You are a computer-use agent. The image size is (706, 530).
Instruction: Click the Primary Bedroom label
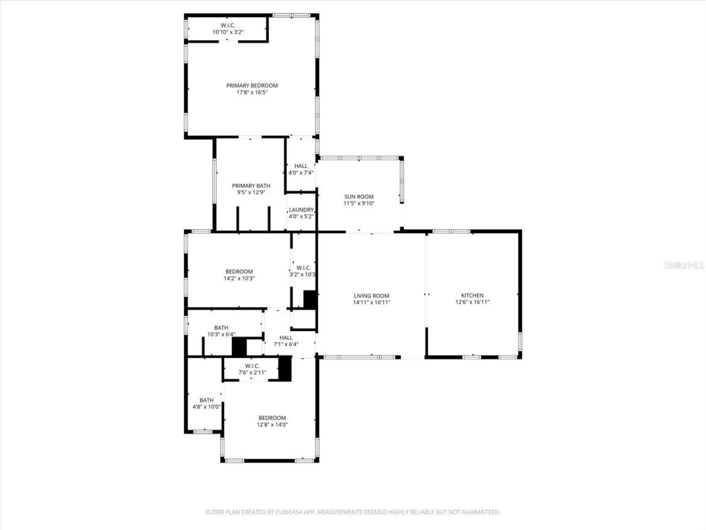pyautogui.click(x=252, y=86)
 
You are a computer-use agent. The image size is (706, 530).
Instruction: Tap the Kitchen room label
pyautogui.click(x=472, y=295)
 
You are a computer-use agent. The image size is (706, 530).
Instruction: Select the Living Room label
pyautogui.click(x=372, y=296)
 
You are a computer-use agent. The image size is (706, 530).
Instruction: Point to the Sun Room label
pyautogui.click(x=359, y=197)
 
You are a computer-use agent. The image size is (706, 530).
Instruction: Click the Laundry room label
pyautogui.click(x=301, y=210)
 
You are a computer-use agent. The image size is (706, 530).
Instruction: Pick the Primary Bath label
pyautogui.click(x=251, y=186)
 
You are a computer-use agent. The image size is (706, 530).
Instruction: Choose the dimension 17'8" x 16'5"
pyautogui.click(x=252, y=93)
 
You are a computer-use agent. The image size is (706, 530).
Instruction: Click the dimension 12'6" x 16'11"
pyautogui.click(x=472, y=303)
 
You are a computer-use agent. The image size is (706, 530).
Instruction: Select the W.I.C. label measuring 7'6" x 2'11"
pyautogui.click(x=252, y=366)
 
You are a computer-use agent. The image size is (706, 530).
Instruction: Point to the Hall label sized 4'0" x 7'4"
pyautogui.click(x=301, y=166)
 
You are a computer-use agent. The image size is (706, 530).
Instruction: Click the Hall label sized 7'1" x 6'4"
pyautogui.click(x=286, y=338)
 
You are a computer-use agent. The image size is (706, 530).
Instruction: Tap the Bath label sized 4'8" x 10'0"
pyautogui.click(x=207, y=400)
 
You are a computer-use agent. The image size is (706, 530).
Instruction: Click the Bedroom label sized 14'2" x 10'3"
pyautogui.click(x=239, y=272)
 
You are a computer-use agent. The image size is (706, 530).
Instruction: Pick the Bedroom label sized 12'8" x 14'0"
pyautogui.click(x=272, y=418)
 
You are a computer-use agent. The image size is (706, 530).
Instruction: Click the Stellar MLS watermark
pyautogui.click(x=684, y=266)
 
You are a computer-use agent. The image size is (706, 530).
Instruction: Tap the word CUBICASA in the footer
pyautogui.click(x=292, y=512)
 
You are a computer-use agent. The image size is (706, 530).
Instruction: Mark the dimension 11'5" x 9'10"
pyautogui.click(x=359, y=204)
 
